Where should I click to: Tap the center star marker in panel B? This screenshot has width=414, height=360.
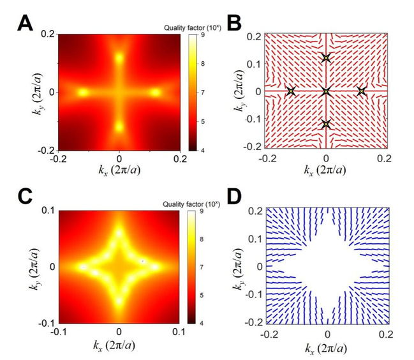pos(326,92)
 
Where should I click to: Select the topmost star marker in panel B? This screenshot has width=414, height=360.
pos(326,59)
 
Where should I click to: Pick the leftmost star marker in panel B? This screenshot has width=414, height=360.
pos(291,92)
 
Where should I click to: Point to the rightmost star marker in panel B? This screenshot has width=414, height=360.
pos(362,92)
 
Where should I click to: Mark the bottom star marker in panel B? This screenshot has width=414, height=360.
pos(326,124)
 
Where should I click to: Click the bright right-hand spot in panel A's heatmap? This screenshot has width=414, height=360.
pos(155,92)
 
